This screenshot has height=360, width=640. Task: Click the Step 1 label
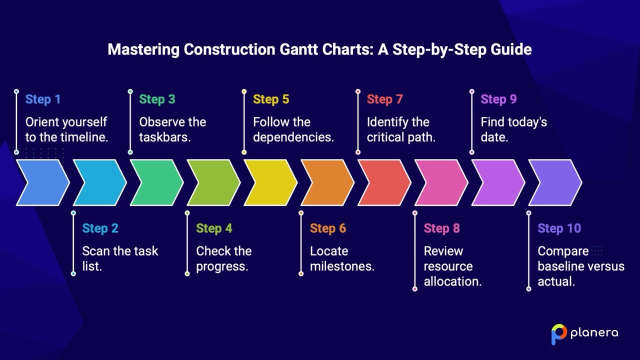43,99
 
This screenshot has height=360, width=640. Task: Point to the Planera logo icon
558,334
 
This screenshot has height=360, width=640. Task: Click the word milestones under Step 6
342,266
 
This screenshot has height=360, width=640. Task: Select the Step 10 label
559,228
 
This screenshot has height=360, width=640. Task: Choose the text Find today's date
513,129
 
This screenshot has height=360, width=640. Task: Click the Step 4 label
214,228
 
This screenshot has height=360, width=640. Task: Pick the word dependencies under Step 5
293,137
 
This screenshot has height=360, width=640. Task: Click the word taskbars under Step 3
164,137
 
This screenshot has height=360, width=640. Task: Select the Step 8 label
441,228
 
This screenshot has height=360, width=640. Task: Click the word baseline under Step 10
561,266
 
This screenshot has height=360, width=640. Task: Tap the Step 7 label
384,99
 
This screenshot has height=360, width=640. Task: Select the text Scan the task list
119,258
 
